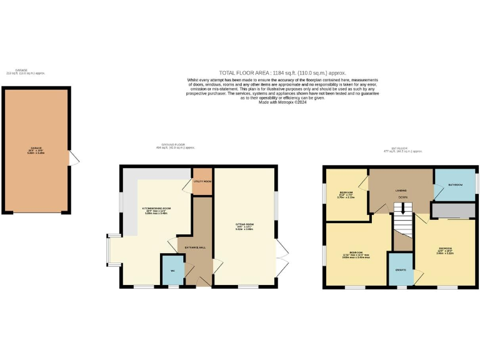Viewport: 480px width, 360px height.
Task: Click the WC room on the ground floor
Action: [x=172, y=270]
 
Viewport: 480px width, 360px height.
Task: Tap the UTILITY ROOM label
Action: [x=202, y=181]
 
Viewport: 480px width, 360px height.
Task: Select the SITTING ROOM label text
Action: [x=244, y=223]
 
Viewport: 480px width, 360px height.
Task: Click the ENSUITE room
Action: [x=401, y=269]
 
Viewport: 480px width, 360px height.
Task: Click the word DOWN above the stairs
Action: [x=403, y=197]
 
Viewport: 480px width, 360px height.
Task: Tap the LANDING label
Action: [x=401, y=190]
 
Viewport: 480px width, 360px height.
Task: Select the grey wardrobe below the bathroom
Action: [x=453, y=211]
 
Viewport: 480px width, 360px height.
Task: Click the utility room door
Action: [x=187, y=186]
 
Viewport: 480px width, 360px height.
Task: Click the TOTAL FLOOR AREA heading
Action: [x=282, y=73]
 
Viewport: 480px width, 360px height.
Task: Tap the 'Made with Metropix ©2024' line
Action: [x=282, y=102]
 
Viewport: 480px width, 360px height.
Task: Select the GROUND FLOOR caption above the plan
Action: [x=175, y=147]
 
